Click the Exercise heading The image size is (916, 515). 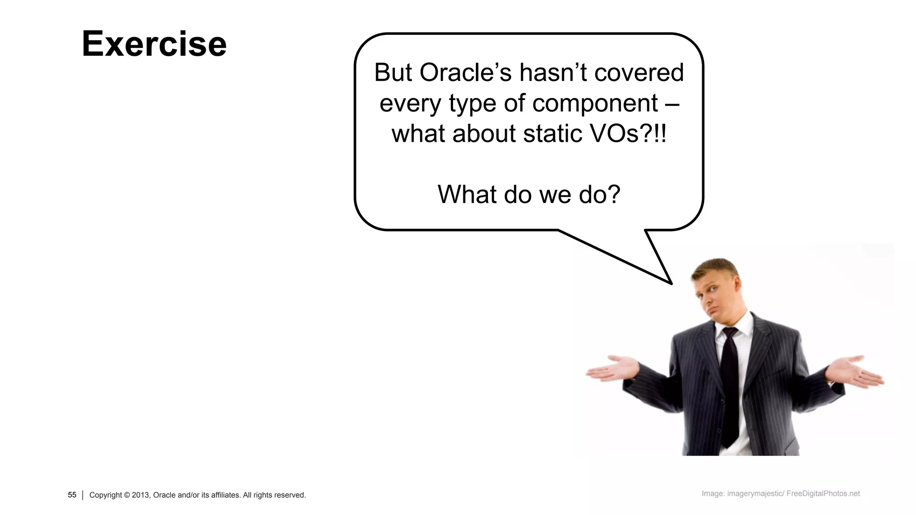(x=154, y=44)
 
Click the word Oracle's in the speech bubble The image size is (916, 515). (x=465, y=72)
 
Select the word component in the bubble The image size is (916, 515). (x=595, y=103)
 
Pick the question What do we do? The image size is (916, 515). (x=529, y=194)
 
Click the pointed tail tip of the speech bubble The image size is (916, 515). (x=670, y=283)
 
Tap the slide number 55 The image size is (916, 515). (x=72, y=495)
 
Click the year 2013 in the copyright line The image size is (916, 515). (x=140, y=495)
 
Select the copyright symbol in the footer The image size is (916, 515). (x=127, y=495)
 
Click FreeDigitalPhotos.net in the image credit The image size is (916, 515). (x=823, y=494)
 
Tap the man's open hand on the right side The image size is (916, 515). (x=857, y=371)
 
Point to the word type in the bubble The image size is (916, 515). (x=472, y=103)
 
